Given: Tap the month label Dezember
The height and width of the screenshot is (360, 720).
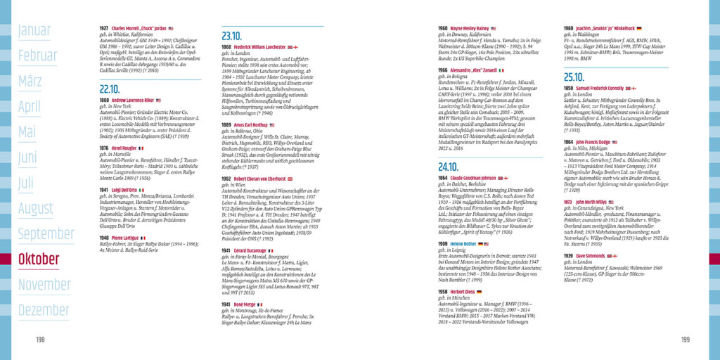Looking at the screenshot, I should coord(44,310).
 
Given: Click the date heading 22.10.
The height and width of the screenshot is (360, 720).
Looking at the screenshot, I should coord(109,89).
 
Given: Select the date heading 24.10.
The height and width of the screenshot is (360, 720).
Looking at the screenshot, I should coord(448,167).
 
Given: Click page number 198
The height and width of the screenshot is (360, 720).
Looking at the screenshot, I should coord(40,340).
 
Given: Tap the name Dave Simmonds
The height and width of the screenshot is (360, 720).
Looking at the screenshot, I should coord(595,256).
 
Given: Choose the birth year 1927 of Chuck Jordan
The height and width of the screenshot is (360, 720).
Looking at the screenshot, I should coord(104,29).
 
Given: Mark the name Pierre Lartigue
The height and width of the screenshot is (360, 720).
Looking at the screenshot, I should coord(125,238).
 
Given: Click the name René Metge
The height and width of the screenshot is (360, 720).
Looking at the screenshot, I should coord(245,304).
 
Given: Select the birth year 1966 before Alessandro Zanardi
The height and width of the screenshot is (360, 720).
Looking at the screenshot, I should coord(442,70).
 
